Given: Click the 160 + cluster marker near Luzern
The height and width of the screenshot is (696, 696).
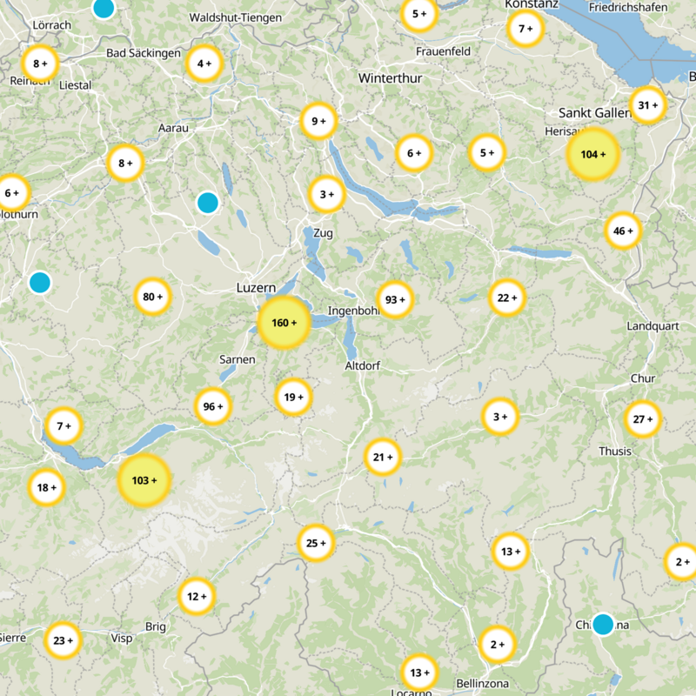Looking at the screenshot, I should [x=284, y=323].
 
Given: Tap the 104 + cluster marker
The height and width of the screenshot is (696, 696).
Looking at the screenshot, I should [x=592, y=155].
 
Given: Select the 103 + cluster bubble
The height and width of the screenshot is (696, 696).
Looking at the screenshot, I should [x=144, y=480].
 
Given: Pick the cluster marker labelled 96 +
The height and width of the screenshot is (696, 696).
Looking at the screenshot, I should [x=213, y=406].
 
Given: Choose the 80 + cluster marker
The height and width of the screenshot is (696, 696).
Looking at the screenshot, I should [x=153, y=298].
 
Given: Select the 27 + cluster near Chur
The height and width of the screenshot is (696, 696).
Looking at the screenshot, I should [x=643, y=419].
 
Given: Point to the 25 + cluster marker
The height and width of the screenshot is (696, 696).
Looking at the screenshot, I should [x=315, y=544].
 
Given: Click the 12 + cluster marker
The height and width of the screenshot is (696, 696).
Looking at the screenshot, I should [x=197, y=597].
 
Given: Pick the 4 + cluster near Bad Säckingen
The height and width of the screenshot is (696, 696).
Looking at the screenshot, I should [x=205, y=64].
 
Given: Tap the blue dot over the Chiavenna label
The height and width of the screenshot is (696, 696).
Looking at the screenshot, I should [x=602, y=624].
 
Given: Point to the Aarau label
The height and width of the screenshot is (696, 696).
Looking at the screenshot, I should [x=173, y=128].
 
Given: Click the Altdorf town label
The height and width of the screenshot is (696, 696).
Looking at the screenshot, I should [x=364, y=365].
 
